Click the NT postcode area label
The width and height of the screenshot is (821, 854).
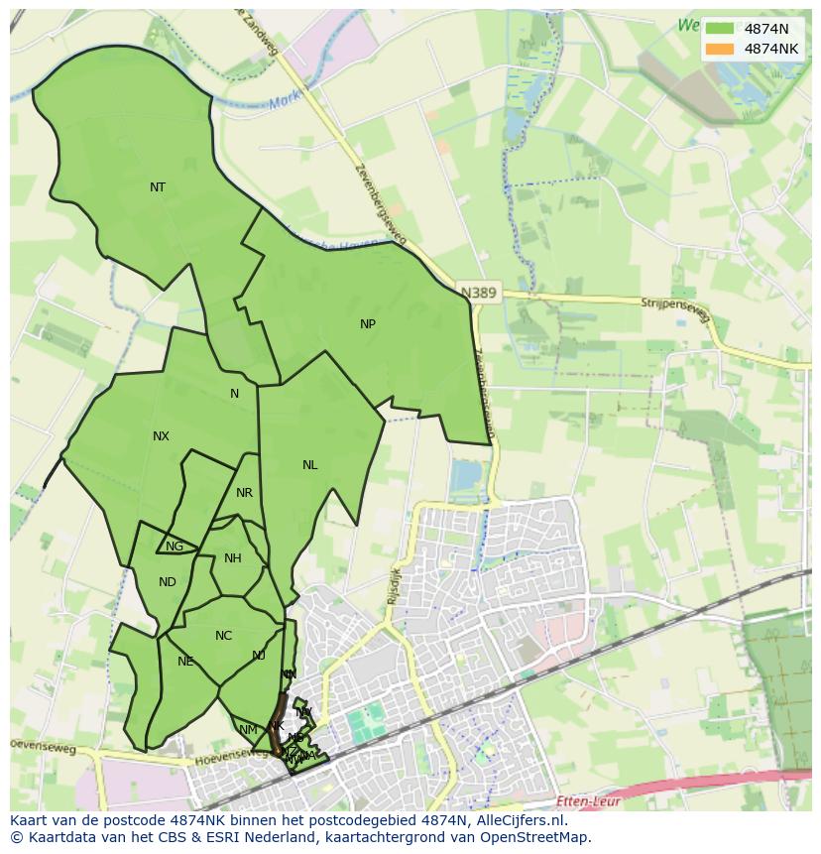[x=158, y=187]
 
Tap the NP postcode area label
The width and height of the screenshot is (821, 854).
[x=368, y=324]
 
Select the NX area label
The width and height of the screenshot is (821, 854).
[x=161, y=436]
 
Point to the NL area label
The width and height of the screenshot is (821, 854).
[x=310, y=465]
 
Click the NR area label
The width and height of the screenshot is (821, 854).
[x=245, y=493]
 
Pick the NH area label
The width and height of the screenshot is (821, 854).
[x=233, y=558]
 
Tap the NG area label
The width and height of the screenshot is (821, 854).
[x=175, y=547]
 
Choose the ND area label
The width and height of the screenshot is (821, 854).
[x=167, y=582]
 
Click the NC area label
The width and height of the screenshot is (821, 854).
[x=223, y=636]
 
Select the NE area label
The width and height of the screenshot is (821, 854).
[x=185, y=662]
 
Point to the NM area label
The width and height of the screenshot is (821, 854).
[x=248, y=730]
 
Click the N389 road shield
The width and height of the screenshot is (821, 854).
[x=480, y=293]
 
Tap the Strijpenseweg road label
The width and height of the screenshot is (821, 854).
[x=675, y=305]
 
